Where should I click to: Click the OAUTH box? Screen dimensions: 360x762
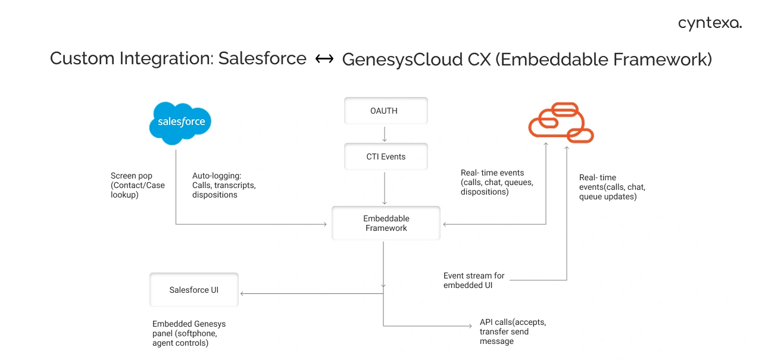(x=386, y=111)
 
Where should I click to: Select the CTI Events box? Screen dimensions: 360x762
(x=386, y=156)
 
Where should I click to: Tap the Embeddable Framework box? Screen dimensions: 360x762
(x=386, y=223)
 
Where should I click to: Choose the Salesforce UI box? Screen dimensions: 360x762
(x=193, y=290)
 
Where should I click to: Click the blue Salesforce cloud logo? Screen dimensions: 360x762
(x=180, y=123)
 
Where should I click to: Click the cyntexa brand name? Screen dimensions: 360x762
(x=710, y=24)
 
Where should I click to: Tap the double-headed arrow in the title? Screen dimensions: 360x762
(x=324, y=59)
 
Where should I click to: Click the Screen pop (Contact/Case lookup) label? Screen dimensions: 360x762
(x=138, y=185)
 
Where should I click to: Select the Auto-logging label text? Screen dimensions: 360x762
(x=224, y=185)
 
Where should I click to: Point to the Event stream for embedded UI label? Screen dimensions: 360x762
(x=474, y=280)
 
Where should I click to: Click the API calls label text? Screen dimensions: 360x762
(x=513, y=331)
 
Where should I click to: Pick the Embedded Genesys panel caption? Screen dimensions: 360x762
(x=189, y=333)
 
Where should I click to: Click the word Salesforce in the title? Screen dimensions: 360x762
(x=262, y=59)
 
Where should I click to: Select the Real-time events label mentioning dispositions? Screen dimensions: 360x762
(x=496, y=182)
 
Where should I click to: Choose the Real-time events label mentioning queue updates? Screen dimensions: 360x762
(x=612, y=187)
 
